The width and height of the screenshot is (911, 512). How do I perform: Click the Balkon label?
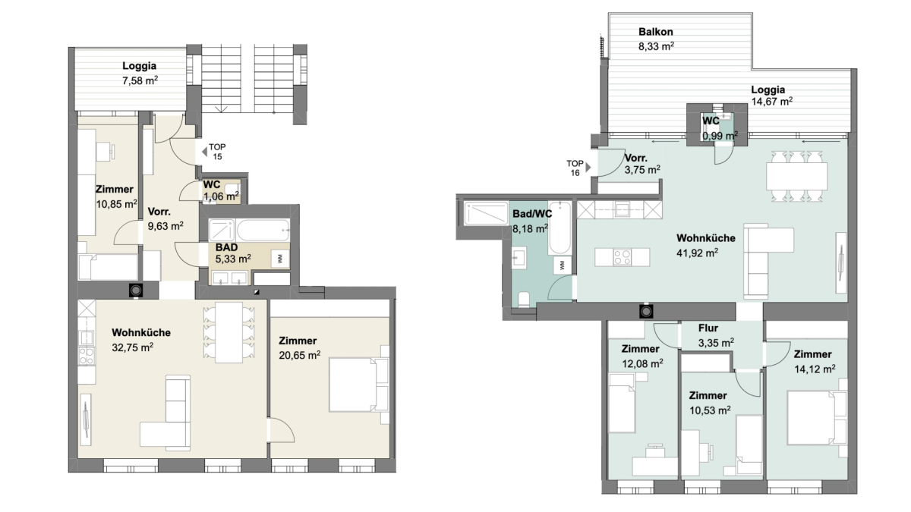pyautogui.click(x=656, y=32)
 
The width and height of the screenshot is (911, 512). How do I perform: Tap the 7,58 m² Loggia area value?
pyautogui.click(x=140, y=80)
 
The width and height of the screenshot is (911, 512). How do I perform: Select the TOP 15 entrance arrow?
pyautogui.click(x=204, y=152)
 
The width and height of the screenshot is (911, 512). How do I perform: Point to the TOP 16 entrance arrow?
pyautogui.click(x=588, y=167)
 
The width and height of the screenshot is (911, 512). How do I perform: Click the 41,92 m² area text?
pyautogui.click(x=697, y=253)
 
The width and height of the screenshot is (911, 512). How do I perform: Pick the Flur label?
pyautogui.click(x=708, y=328)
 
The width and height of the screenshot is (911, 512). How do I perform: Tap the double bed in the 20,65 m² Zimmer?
pyautogui.click(x=358, y=385)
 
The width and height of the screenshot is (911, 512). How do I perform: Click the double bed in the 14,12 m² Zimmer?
pyautogui.click(x=817, y=417)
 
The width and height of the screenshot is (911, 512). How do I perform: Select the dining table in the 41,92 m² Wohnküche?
pyautogui.click(x=796, y=176)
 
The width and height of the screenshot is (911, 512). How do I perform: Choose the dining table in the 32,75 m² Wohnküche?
pyautogui.click(x=229, y=332)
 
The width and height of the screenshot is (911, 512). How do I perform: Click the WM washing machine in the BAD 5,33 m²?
pyautogui.click(x=280, y=259)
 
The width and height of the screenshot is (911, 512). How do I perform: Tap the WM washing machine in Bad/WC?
pyautogui.click(x=562, y=265)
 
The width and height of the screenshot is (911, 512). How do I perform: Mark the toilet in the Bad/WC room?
pyautogui.click(x=523, y=300)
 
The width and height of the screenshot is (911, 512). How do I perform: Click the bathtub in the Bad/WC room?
pyautogui.click(x=560, y=228)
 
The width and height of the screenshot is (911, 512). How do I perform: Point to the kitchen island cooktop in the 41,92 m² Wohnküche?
pyautogui.click(x=623, y=257)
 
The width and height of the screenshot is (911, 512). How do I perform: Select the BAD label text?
pyautogui.click(x=226, y=247)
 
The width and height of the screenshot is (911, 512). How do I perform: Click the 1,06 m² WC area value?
pyautogui.click(x=221, y=196)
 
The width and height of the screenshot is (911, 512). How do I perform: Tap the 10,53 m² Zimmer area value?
pyautogui.click(x=710, y=410)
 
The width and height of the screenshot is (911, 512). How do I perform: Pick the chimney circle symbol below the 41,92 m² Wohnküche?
pyautogui.click(x=646, y=312)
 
